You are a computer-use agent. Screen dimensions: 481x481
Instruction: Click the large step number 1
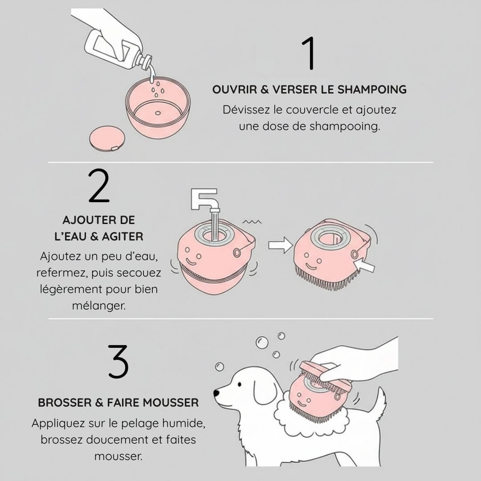(309, 53)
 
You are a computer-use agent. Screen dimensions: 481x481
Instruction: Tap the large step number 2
(99, 185)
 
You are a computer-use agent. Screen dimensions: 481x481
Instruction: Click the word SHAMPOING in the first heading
(372, 90)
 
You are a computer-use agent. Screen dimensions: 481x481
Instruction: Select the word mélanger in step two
(99, 306)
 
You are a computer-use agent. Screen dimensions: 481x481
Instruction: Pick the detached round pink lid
(107, 139)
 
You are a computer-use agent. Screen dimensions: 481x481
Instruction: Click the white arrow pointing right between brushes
(281, 245)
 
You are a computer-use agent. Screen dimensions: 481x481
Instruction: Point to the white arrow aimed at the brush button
(364, 265)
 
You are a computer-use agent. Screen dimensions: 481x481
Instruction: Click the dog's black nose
(216, 393)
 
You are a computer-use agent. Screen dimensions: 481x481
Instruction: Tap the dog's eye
(240, 384)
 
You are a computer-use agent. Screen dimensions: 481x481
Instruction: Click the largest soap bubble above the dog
(262, 342)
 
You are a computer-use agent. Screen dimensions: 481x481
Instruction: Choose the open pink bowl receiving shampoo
(158, 107)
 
